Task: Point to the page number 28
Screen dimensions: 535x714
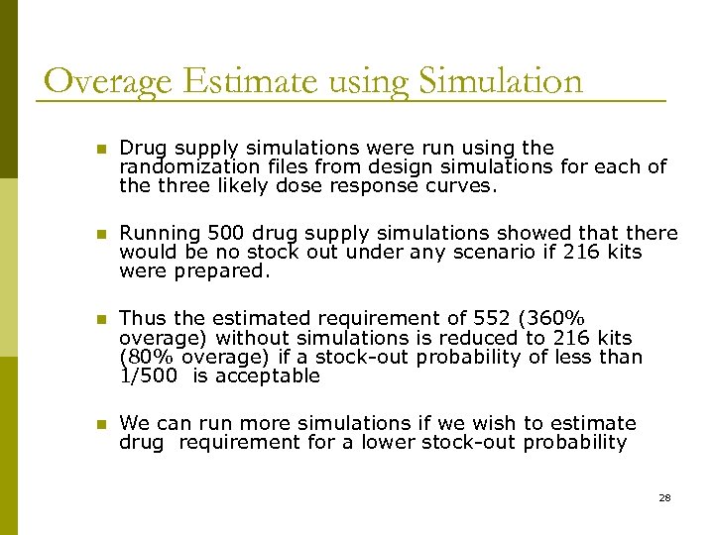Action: pyautogui.click(x=664, y=497)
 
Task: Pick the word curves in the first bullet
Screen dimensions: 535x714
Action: pyautogui.click(x=460, y=185)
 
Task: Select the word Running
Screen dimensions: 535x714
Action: pyautogui.click(x=160, y=234)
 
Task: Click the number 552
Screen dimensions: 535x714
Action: pyautogui.click(x=498, y=319)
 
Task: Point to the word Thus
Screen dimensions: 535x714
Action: pyautogui.click(x=139, y=319)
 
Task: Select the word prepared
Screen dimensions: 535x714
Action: pyautogui.click(x=221, y=271)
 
